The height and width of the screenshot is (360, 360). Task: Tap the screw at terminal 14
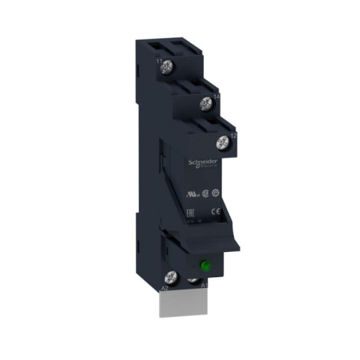point(206,102)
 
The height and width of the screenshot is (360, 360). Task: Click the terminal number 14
point(215,94)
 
